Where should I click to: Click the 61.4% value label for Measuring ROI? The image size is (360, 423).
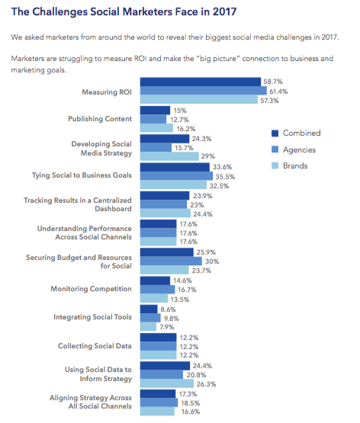pos(278,91)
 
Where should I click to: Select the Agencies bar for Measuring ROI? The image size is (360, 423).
pos(203,91)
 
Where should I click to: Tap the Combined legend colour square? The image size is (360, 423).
pos(275,133)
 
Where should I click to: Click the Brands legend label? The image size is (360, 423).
pos(295,165)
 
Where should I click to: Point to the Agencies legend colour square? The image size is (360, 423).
pos(275,149)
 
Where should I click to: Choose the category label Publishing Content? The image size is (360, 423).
pos(100,119)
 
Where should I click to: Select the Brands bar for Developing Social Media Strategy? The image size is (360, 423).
pos(169,156)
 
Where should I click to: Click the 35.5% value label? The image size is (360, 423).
pos(225,177)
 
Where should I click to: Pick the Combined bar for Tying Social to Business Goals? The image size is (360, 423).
pos(175,167)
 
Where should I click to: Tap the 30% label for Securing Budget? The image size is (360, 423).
pos(212,261)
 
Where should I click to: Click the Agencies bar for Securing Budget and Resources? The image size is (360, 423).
pos(171,261)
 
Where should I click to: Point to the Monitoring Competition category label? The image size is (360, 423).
pos(92,289)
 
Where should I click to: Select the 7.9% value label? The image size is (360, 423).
pos(167,327)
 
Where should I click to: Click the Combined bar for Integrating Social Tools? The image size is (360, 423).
pos(149,309)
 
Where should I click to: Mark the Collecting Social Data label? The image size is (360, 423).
pos(95,346)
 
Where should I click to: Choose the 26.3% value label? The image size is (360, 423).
pos(206,384)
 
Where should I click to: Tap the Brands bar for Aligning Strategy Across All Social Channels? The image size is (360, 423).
pos(157,411)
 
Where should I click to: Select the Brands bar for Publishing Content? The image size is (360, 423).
pos(156,128)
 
